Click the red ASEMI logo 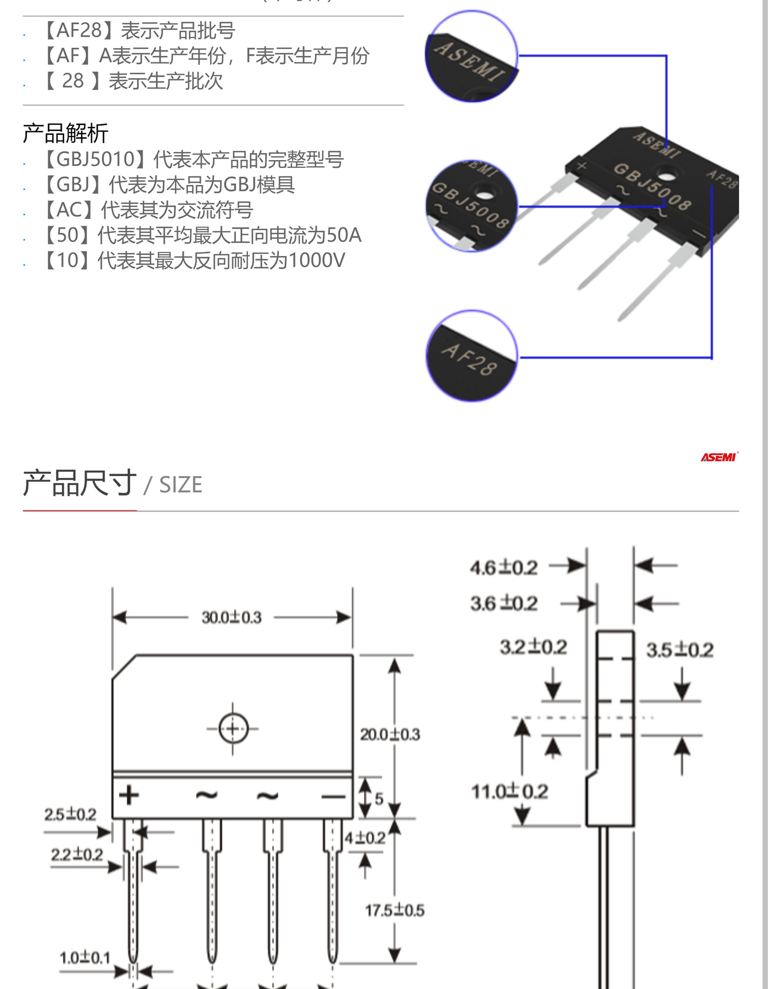[719, 457]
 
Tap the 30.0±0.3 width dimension [232, 617]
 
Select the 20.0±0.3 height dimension [390, 734]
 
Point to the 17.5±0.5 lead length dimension [394, 910]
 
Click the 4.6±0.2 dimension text [503, 568]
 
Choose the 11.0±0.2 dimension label [510, 791]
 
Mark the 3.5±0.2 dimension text [679, 650]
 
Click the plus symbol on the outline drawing [129, 795]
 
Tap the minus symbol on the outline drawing [333, 797]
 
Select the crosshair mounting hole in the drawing [233, 729]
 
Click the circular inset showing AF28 [471, 355]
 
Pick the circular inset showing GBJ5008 [471, 206]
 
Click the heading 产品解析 [65, 133]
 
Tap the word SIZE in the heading [181, 485]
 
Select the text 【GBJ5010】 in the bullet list [93, 159]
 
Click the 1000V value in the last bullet [317, 261]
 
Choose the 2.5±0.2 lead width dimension [70, 814]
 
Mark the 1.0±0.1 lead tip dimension [85, 958]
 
